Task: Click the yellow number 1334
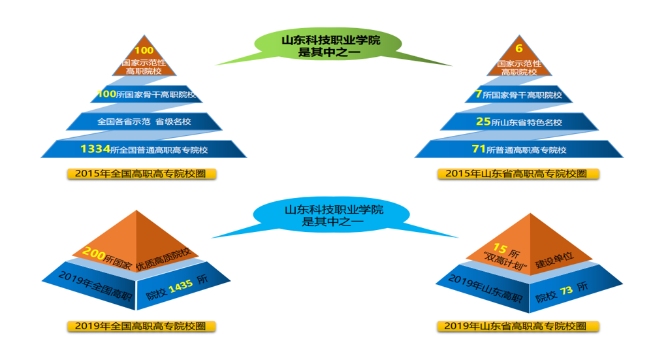(x=95, y=149)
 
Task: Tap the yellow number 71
(x=479, y=149)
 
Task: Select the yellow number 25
(x=484, y=122)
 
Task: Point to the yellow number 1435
(x=181, y=287)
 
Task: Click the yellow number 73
(x=566, y=291)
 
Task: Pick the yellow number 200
(x=94, y=253)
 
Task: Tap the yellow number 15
(x=500, y=248)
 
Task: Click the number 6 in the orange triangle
(x=519, y=48)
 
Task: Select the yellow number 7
(x=479, y=93)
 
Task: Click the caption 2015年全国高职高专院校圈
(x=142, y=173)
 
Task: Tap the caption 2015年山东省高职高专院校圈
(x=518, y=173)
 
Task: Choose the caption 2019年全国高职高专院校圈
(x=142, y=326)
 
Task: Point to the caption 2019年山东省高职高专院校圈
(x=518, y=326)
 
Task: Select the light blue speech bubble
(x=332, y=215)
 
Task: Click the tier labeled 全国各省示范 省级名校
(x=144, y=122)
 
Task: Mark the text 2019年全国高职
(x=95, y=286)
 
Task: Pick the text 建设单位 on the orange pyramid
(x=554, y=260)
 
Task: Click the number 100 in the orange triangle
(x=144, y=50)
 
